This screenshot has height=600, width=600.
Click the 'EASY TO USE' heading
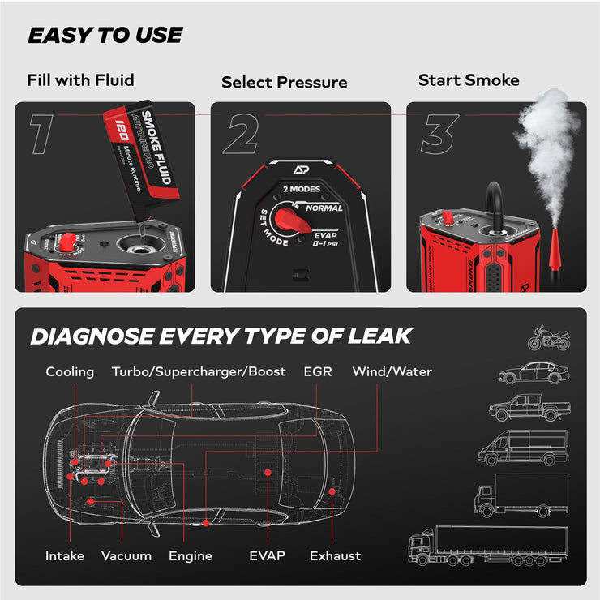pyautogui.click(x=105, y=36)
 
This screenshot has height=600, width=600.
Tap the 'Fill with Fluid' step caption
pyautogui.click(x=80, y=80)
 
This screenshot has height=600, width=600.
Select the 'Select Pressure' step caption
pyautogui.click(x=284, y=82)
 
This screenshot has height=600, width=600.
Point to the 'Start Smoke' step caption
pyautogui.click(x=469, y=80)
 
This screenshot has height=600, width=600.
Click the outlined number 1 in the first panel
pyautogui.click(x=42, y=134)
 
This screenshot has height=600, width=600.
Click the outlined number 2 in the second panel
pyautogui.click(x=241, y=134)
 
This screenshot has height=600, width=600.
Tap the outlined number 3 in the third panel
pyautogui.click(x=439, y=134)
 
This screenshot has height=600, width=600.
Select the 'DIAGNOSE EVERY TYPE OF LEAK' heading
pyautogui.click(x=221, y=336)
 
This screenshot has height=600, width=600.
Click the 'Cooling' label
pyautogui.click(x=70, y=371)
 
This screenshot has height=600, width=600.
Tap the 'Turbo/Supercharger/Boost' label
pyautogui.click(x=199, y=371)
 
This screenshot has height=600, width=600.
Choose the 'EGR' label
pyautogui.click(x=317, y=371)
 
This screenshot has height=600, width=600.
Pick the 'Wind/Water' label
pyautogui.click(x=392, y=371)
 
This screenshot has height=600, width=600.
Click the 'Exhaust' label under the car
pyautogui.click(x=335, y=556)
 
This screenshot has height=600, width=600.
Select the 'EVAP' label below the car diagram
pyautogui.click(x=267, y=556)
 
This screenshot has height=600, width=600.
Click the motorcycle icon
pyautogui.click(x=549, y=337)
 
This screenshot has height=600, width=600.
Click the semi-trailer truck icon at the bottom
pyautogui.click(x=486, y=545)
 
